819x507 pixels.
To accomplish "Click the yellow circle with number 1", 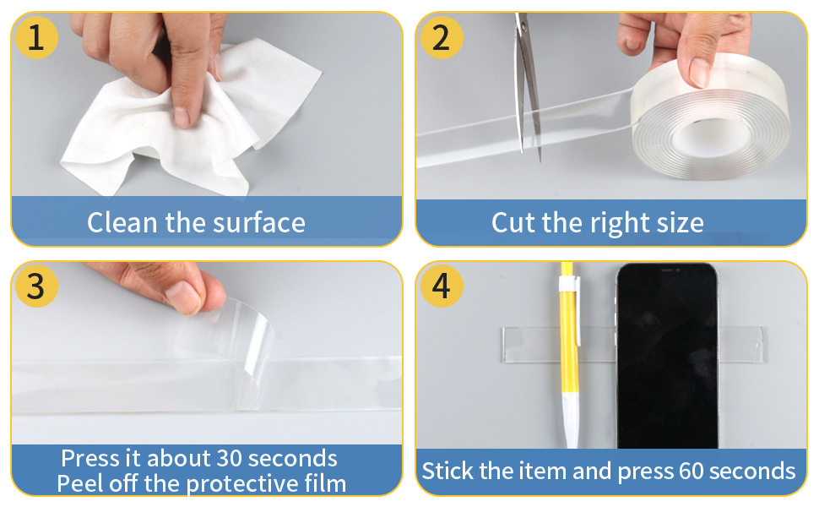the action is pos(36,37).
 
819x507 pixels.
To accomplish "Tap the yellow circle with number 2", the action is pos(442,37).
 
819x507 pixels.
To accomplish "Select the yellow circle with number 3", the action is pos(36,286).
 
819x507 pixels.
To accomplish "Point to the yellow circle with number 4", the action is pos(442,286).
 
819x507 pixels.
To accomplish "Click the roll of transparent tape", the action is pos(710,117).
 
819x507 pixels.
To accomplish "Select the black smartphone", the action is pos(668,356).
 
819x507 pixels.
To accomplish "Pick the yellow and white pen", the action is pos(569,356).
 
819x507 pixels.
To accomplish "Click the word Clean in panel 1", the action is pos(122,223).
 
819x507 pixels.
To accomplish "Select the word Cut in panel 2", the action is pos(513,223).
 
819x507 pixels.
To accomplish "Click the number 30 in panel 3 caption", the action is pos(229,458).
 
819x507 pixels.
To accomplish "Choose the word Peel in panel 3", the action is pos(80,483).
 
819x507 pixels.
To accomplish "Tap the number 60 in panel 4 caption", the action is pos(691,472).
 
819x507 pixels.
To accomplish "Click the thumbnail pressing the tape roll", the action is pos(699,72).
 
